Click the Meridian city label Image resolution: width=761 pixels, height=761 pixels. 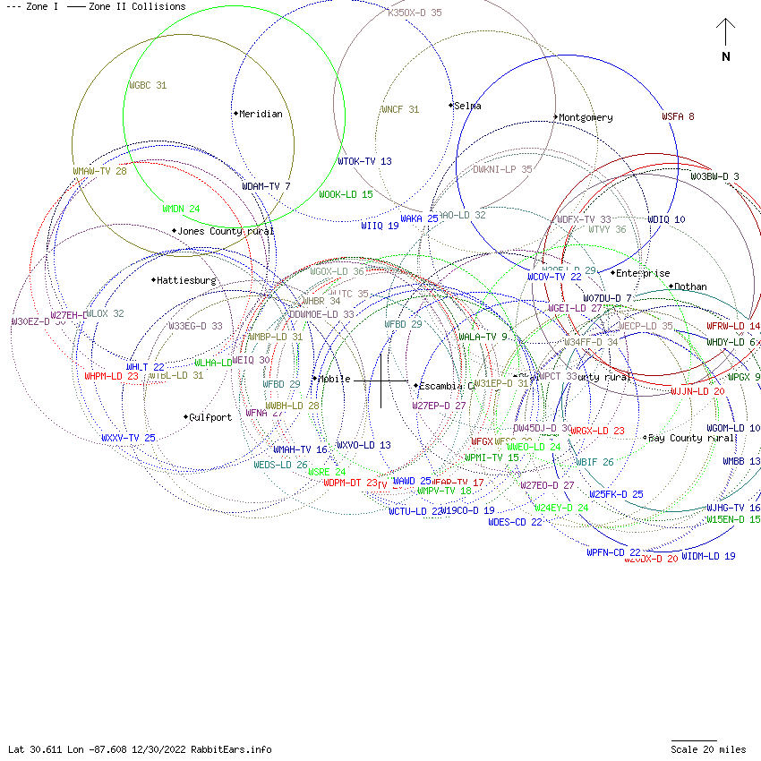[261, 114]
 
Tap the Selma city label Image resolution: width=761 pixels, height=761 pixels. [467, 106]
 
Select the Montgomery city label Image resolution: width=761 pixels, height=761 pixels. [586, 117]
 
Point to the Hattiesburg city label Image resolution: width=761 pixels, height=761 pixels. [186, 280]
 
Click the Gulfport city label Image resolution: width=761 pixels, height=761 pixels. [210, 417]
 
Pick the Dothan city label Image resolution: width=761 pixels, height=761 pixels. [690, 286]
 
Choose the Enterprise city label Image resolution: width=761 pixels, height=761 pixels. [642, 273]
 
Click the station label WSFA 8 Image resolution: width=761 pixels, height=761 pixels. [678, 116]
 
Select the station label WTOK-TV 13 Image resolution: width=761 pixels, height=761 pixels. [364, 161]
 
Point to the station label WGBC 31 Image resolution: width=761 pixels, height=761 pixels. [148, 86]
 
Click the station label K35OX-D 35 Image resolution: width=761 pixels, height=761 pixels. [415, 13]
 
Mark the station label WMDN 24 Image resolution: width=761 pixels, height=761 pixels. [181, 209]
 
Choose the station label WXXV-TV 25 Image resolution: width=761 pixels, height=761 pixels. [128, 438]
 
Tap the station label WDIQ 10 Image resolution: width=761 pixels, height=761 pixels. [666, 219]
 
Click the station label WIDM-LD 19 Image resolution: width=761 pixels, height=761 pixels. [708, 556]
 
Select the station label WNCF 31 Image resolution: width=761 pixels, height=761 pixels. [399, 109]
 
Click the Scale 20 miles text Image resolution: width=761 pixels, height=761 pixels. [707, 749]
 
